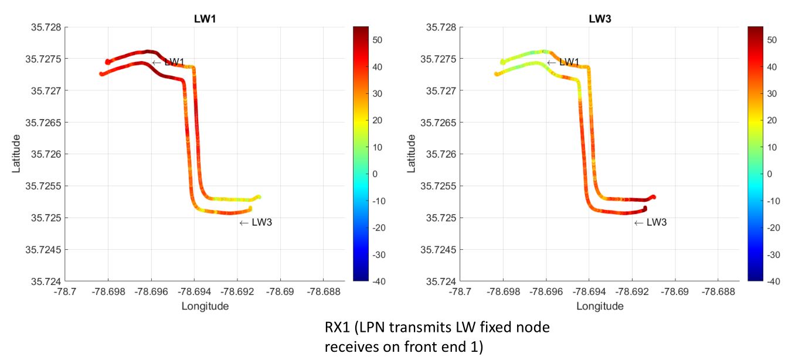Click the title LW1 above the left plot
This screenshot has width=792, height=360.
pyautogui.click(x=205, y=19)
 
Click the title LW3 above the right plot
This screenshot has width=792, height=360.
pyautogui.click(x=600, y=19)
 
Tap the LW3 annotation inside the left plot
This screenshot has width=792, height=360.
pyautogui.click(x=261, y=222)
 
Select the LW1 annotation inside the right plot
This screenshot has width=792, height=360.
pyautogui.click(x=569, y=62)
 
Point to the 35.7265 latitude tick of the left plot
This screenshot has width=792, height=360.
pyautogui.click(x=43, y=123)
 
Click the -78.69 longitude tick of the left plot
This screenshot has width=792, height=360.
pyautogui.click(x=280, y=292)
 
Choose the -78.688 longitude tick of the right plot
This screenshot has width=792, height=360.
pyautogui.click(x=718, y=292)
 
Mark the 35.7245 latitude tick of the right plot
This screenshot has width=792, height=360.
pyautogui.click(x=438, y=250)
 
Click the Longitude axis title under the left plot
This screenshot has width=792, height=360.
pyautogui.click(x=205, y=306)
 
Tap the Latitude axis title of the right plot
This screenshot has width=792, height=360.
pyautogui.click(x=411, y=154)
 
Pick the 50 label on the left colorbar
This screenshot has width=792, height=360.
pyautogui.click(x=377, y=40)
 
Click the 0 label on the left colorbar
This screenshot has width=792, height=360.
pyautogui.click(x=375, y=174)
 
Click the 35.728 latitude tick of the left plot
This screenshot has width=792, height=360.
pyautogui.click(x=46, y=27)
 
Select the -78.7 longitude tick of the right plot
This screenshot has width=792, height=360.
pyautogui.click(x=460, y=292)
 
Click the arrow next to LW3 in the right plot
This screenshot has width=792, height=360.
pyautogui.click(x=638, y=223)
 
